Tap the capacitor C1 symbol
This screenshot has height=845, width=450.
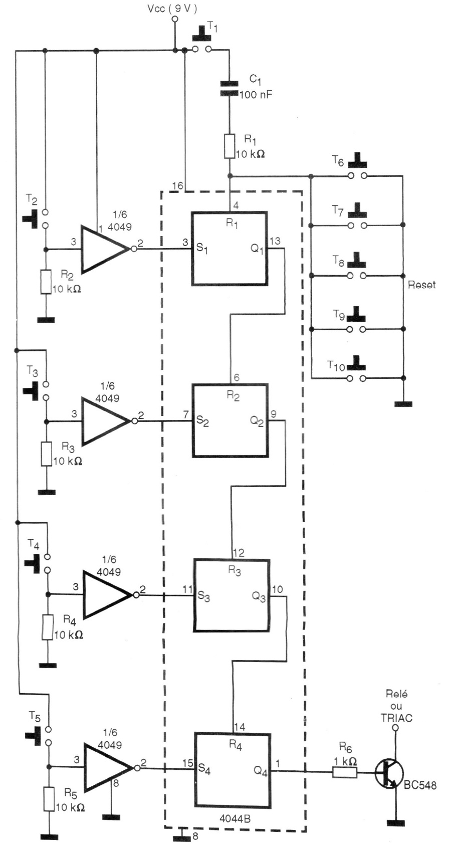click(x=230, y=88)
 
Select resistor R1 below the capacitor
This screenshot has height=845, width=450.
click(x=230, y=146)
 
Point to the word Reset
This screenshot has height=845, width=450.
click(x=421, y=285)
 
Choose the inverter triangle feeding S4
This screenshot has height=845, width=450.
click(x=106, y=767)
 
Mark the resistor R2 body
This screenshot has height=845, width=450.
click(x=46, y=282)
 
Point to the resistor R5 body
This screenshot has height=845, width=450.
click(x=49, y=798)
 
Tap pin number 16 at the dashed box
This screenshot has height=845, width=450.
click(x=178, y=185)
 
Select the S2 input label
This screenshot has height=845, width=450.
click(x=202, y=421)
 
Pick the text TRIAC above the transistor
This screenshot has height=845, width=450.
click(x=396, y=718)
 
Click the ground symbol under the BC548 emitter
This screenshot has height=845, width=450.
click(x=395, y=822)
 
